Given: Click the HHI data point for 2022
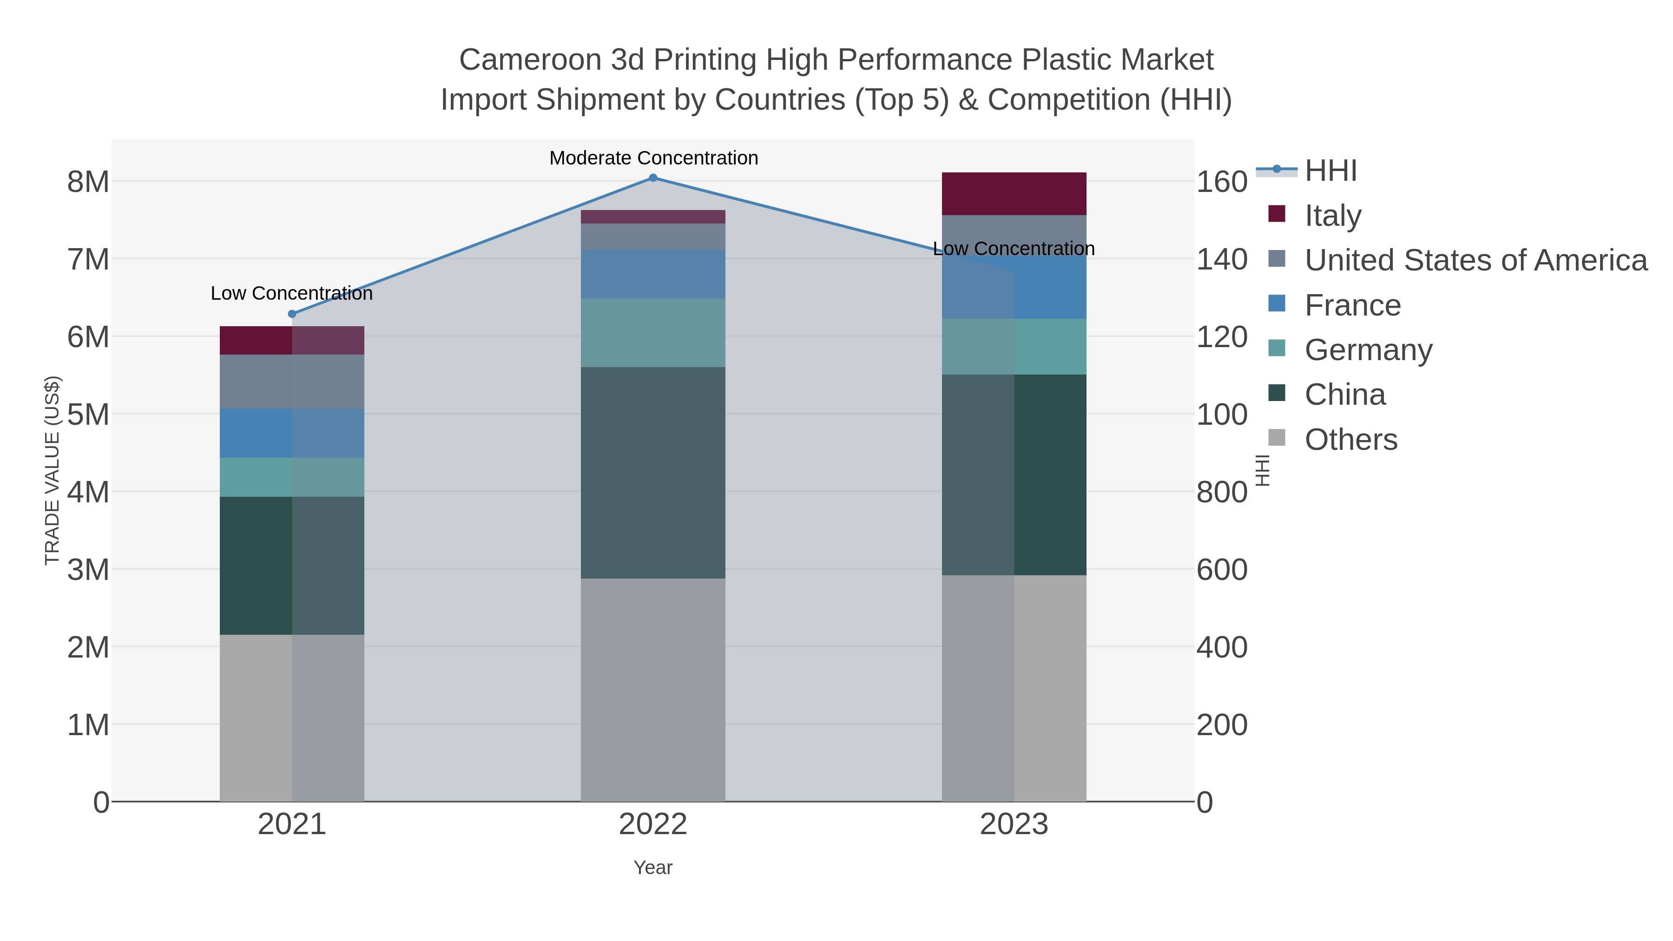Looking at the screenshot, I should [653, 178].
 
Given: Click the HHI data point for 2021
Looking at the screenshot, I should [291, 314].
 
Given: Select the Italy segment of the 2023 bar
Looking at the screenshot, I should [1014, 193].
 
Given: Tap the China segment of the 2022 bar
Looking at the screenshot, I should [653, 473].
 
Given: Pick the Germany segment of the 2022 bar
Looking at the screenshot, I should [653, 333].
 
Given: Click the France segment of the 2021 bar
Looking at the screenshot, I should [291, 433].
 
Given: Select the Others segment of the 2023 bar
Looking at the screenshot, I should [1014, 688].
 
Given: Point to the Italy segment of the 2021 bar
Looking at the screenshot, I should [291, 340].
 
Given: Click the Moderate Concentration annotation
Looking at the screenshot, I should [653, 158].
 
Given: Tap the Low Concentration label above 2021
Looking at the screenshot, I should [291, 294].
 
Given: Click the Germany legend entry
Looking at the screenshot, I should [1368, 350].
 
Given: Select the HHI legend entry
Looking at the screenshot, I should [1330, 171].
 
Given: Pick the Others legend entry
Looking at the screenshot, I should [1350, 440].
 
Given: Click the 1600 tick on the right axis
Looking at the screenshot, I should [1222, 182].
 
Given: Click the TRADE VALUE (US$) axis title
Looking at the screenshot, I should [52, 470].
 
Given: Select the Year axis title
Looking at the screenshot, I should [653, 868].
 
